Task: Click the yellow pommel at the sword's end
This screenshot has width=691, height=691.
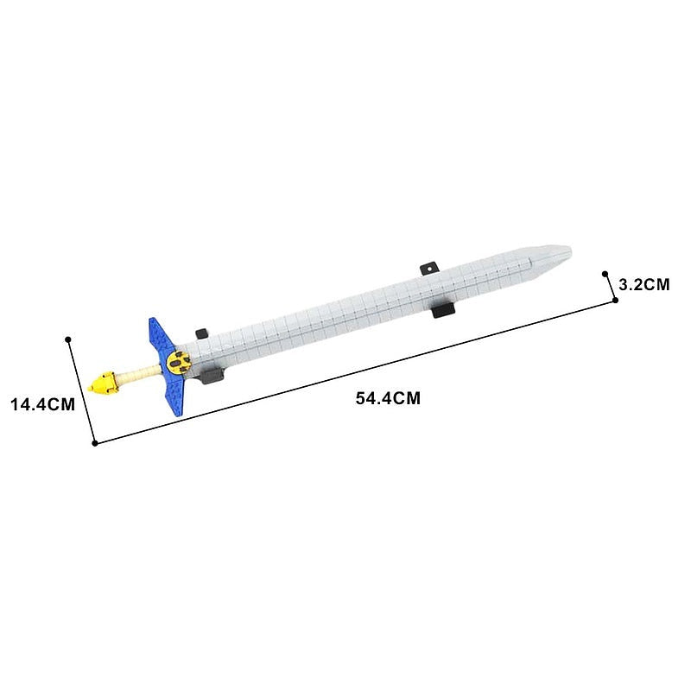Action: [102, 382]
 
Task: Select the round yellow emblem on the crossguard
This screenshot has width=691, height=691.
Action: [179, 363]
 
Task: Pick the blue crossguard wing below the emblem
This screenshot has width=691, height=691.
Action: [175, 394]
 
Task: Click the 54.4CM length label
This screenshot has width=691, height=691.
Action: [388, 398]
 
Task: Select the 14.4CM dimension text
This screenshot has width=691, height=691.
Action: [42, 404]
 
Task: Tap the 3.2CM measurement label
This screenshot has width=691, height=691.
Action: [643, 285]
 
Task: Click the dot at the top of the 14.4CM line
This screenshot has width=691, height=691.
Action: [68, 339]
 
